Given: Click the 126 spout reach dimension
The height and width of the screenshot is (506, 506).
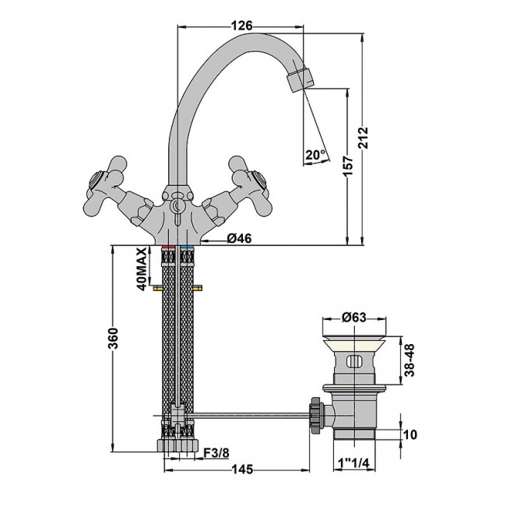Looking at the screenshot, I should pos(243,26).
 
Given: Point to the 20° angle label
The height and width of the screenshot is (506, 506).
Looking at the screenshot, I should pos(315,155).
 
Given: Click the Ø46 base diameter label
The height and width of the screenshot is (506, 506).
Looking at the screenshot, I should pos(238,239).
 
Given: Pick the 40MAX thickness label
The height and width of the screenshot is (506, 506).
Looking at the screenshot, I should pos(142,268).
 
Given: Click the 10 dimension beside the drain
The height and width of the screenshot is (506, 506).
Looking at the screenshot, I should pos(411,434).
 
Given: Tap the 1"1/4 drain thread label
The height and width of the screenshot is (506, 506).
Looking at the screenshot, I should pos(354,462).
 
